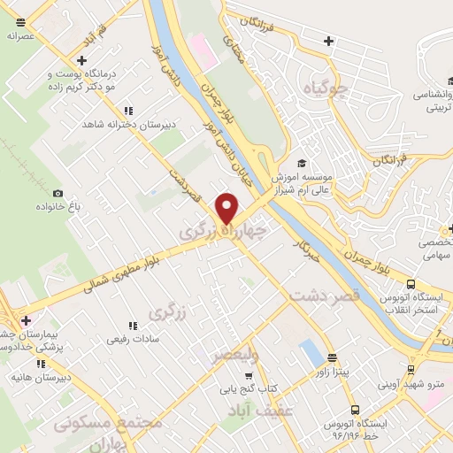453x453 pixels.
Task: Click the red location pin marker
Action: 227,207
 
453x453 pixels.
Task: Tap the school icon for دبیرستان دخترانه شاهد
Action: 129,111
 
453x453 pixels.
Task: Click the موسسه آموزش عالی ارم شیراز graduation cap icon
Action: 302,163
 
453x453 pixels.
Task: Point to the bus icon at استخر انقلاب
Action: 411,284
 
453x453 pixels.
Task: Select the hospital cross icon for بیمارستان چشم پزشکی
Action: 26,320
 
